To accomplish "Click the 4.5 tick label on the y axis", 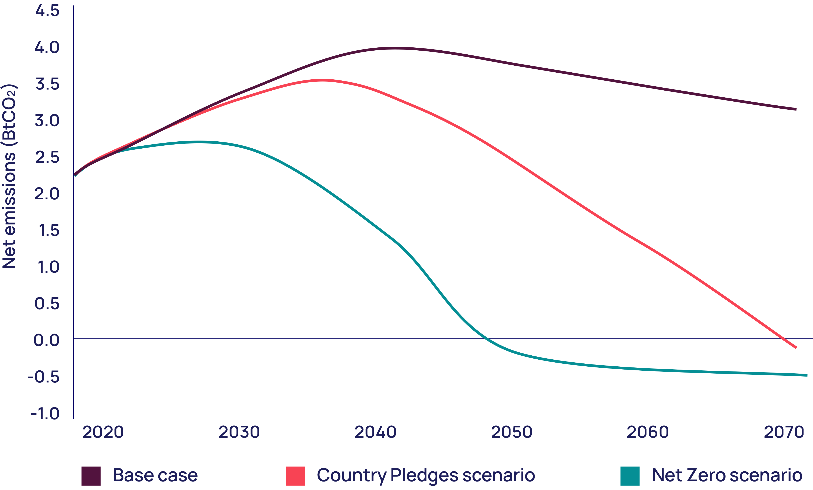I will tap(47, 11).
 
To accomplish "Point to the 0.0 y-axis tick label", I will tap(47, 340).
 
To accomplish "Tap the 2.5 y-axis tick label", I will tap(47, 157).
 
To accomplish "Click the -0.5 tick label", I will tap(44, 377).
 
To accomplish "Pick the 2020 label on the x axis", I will tap(103, 432).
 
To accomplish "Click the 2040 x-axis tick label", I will tap(375, 432).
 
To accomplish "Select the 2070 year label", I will tap(784, 432).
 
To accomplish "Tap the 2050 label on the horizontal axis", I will tap(512, 432).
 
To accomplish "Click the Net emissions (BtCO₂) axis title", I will tap(9, 177).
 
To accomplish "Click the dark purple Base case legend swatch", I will tap(91, 476).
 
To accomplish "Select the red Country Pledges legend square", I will tap(296, 476).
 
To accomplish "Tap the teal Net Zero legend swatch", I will tap(630, 476).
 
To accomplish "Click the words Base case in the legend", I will tap(155, 475).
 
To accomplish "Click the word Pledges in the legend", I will tap(424, 475).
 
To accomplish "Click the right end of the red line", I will tap(796, 347).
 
